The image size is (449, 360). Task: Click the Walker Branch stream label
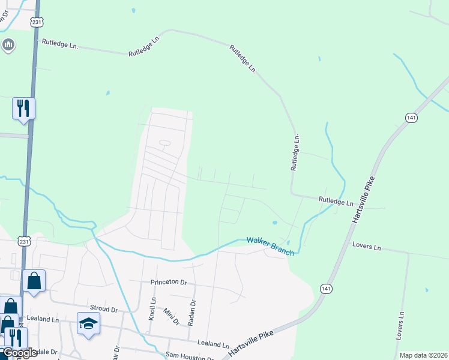pos(270,246)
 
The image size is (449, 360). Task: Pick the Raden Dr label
pos(191,312)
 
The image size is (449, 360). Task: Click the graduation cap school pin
pos(89,324)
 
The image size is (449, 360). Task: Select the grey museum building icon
pos(8,44)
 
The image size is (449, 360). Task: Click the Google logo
pos(19,353)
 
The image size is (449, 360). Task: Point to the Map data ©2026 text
pos(423,355)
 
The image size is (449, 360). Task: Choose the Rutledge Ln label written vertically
pos(295,153)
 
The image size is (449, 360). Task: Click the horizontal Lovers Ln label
pos(367,247)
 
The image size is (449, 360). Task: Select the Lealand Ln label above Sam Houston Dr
pos(214,345)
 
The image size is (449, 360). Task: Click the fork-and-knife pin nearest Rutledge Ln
pos(24,109)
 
